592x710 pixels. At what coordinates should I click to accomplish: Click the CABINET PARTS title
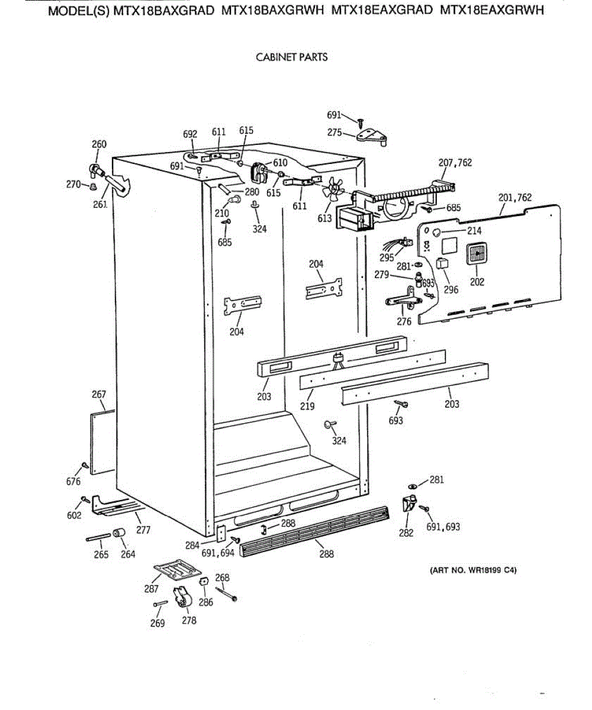(x=291, y=57)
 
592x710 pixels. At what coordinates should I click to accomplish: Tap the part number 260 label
(x=99, y=144)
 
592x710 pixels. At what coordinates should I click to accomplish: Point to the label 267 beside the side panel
(x=99, y=395)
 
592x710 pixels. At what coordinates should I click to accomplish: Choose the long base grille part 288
(x=314, y=530)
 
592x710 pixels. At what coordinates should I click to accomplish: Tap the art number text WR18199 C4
(x=474, y=571)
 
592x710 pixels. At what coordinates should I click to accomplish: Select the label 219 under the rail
(x=307, y=406)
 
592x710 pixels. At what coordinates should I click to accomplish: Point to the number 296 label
(x=451, y=290)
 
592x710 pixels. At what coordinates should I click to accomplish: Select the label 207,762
(x=455, y=163)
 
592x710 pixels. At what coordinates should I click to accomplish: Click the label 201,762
(x=515, y=197)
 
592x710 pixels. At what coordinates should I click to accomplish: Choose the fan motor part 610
(x=259, y=172)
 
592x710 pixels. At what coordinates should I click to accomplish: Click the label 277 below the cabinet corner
(x=143, y=530)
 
